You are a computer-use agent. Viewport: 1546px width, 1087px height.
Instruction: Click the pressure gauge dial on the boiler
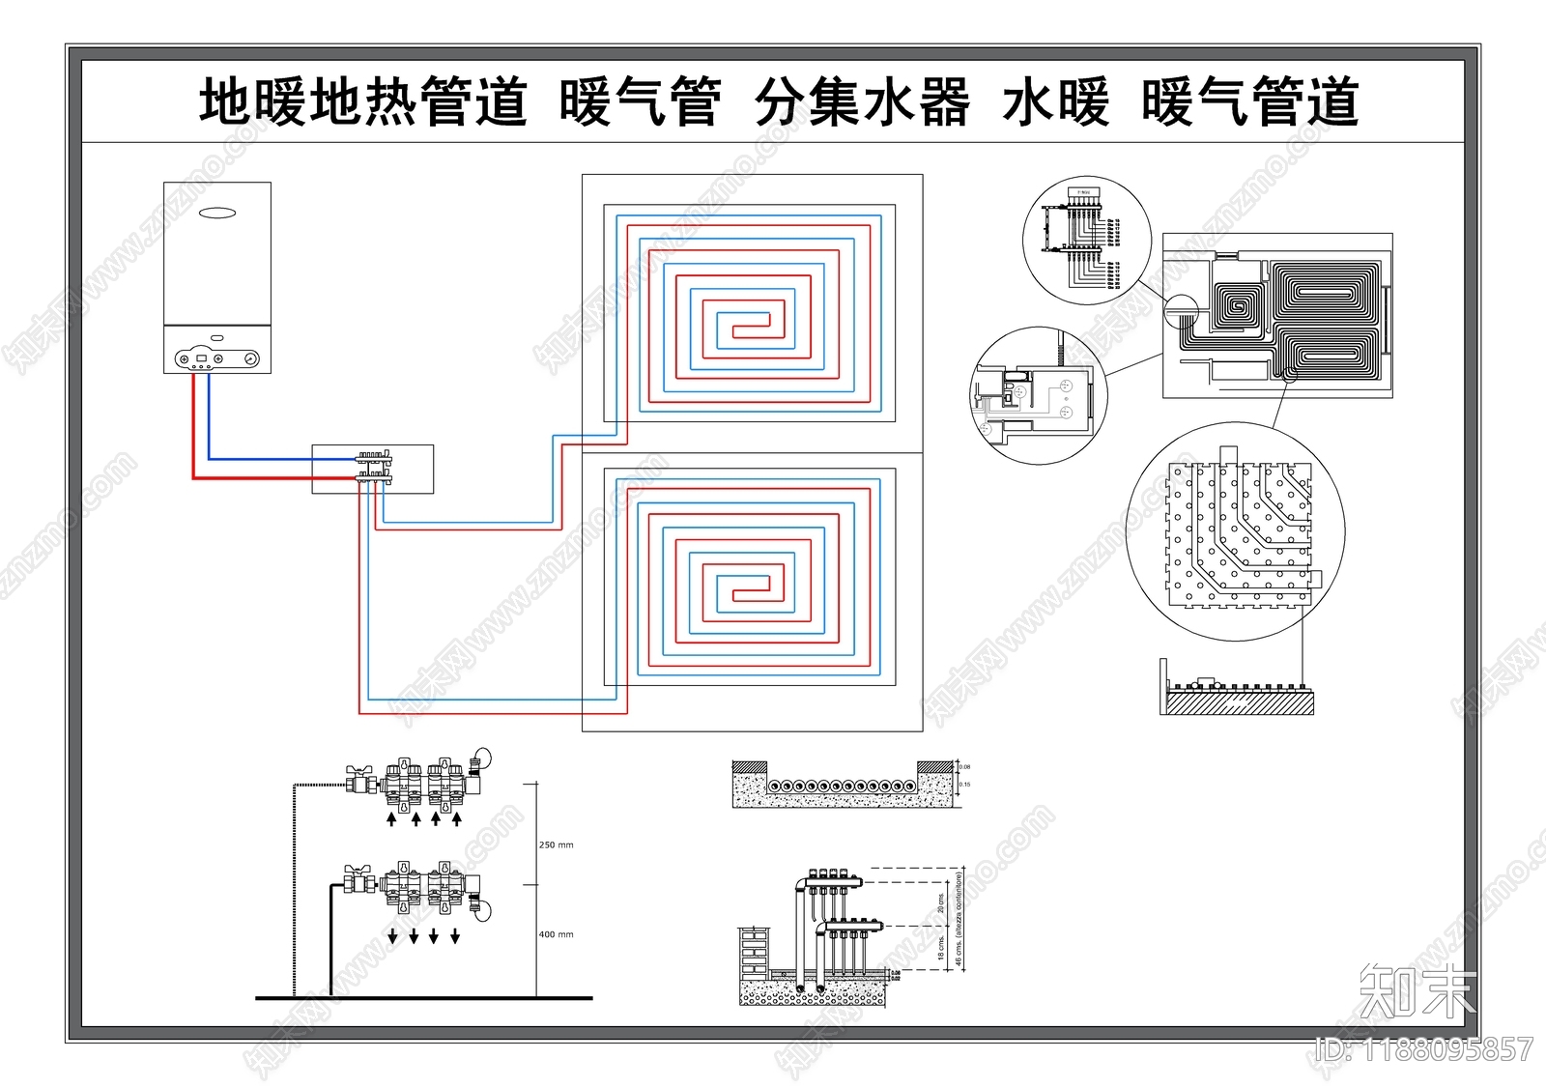click(251, 358)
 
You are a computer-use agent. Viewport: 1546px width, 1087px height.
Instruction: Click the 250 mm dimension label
click(556, 845)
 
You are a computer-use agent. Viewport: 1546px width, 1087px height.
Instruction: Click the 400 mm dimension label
click(556, 935)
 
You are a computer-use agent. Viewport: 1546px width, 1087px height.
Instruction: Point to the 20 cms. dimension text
click(941, 902)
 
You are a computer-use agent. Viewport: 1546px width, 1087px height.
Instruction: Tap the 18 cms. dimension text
click(941, 946)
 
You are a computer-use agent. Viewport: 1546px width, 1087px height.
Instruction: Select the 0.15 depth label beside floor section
click(965, 785)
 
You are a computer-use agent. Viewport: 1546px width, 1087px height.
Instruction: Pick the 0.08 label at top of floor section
click(965, 767)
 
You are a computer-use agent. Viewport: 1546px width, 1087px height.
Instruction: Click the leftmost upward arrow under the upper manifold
click(391, 819)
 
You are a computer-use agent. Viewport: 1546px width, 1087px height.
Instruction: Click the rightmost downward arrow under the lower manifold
click(455, 936)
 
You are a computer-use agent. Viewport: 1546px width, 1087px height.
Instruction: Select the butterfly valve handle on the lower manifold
click(357, 871)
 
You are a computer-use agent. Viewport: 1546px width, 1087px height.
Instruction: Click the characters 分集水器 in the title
click(861, 103)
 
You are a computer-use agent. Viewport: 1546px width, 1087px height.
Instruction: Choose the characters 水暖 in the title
click(1055, 103)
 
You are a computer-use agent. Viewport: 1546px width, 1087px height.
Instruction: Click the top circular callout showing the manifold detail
click(1087, 241)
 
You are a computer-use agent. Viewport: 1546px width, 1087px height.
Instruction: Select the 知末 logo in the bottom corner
click(1417, 991)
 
